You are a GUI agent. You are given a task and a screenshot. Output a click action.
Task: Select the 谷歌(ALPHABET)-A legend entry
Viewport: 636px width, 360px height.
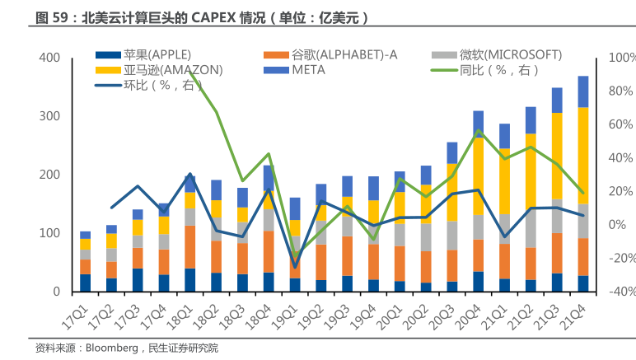click(x=344, y=55)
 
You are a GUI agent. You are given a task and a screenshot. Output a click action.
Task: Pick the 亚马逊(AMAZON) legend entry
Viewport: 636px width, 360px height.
click(x=173, y=70)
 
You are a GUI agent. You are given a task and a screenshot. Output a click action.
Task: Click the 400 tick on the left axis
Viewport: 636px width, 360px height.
click(x=49, y=58)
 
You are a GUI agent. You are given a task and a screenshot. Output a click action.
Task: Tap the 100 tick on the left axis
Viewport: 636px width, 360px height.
click(x=49, y=233)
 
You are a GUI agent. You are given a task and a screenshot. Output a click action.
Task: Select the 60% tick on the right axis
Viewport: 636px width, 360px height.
click(x=620, y=124)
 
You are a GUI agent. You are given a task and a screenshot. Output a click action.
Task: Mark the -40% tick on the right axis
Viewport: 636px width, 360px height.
click(x=620, y=292)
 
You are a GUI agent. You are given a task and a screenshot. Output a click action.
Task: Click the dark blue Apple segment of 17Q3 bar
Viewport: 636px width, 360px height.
click(x=138, y=279)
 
